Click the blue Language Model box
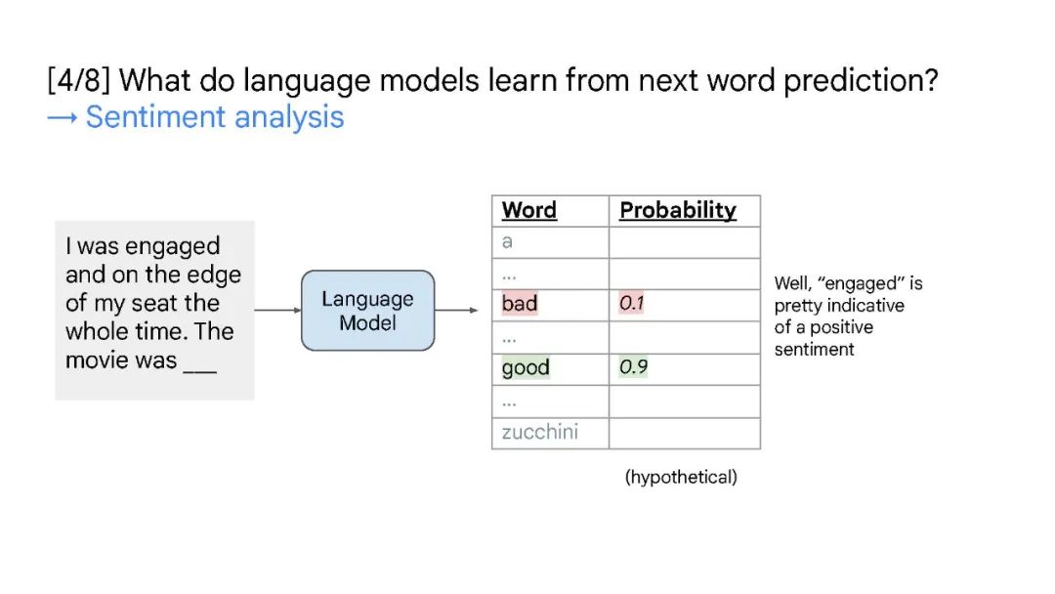367,310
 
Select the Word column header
528,210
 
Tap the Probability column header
678,211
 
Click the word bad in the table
520,304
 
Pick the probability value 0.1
631,304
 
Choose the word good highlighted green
526,367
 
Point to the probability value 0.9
633,366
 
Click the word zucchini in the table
539,431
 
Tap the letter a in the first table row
507,241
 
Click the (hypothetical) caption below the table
681,477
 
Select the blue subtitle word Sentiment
155,117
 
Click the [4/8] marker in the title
79,81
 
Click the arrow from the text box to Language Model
277,310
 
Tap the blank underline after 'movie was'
200,370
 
